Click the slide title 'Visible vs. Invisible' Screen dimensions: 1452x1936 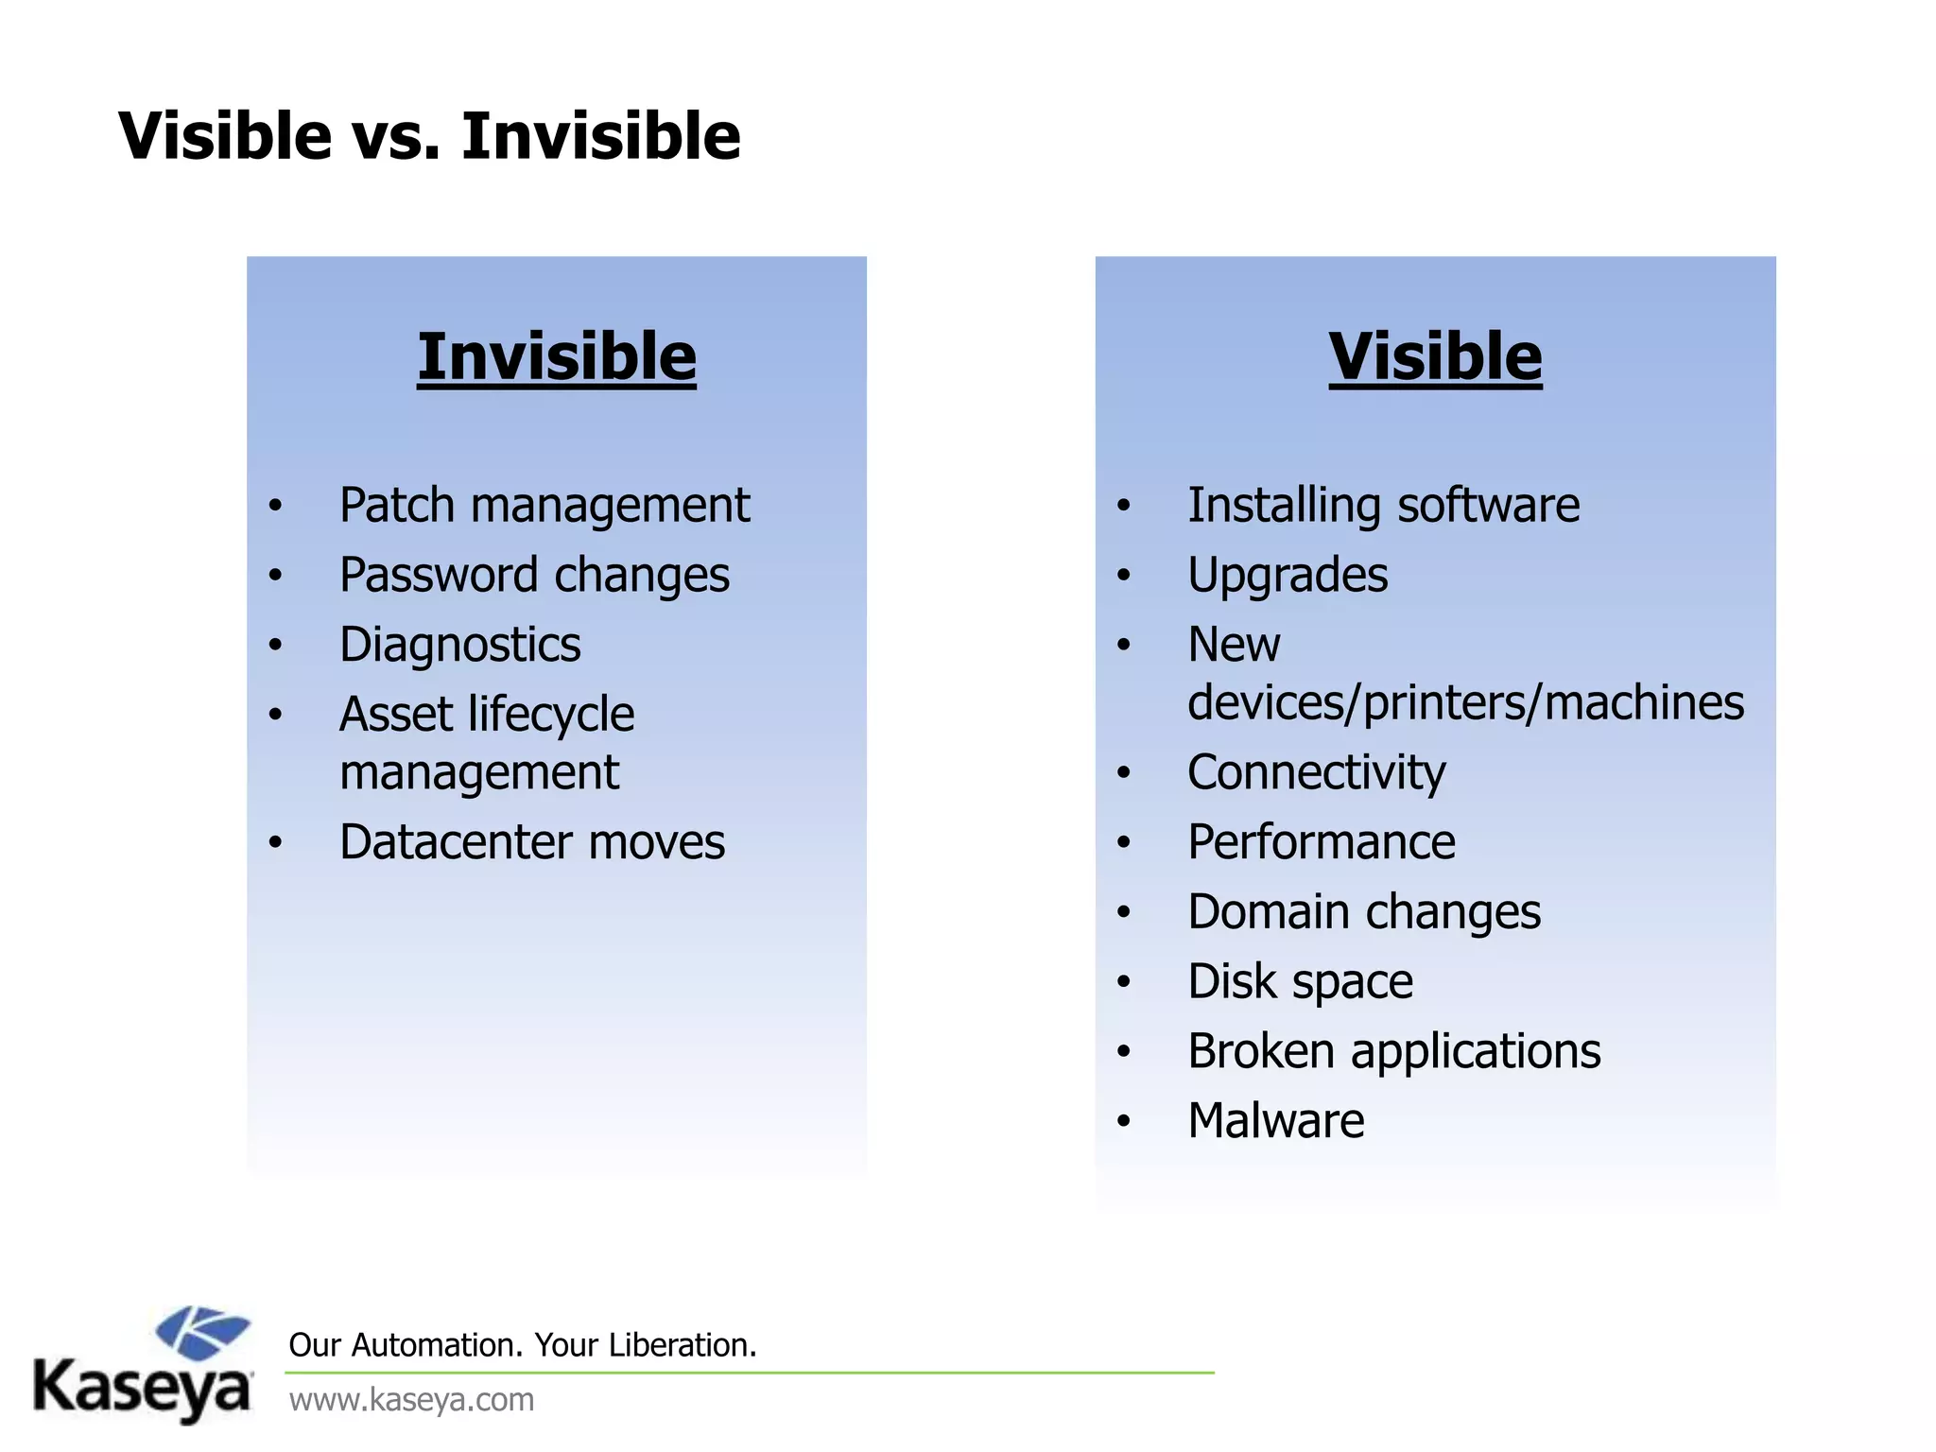pos(429,136)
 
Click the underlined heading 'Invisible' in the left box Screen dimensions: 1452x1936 pos(557,357)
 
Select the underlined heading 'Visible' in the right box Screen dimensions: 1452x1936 pos(1435,357)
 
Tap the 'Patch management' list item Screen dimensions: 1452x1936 pos(544,506)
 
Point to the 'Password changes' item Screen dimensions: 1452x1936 pos(534,576)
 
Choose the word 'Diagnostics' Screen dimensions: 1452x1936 pos(460,646)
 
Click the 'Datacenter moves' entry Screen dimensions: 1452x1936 pos(532,842)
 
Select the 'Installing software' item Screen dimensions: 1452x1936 pos(1383,506)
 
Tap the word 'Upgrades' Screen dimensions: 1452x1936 pos(1288,576)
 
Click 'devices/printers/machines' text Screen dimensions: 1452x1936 pos(1465,703)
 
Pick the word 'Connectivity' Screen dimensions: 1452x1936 pos(1316,773)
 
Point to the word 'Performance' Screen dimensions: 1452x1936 pos(1322,842)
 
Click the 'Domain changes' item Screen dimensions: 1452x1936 pos(1364,912)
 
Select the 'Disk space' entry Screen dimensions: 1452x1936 pos(1300,982)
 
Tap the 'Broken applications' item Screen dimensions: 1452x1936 pos(1394,1051)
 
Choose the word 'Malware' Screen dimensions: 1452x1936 pos(1276,1121)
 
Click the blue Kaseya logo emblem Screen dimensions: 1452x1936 pos(202,1333)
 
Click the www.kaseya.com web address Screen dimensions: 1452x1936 pos(411,1399)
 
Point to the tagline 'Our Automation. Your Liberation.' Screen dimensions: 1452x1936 pos(523,1345)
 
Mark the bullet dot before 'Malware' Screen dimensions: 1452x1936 pos(1123,1122)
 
